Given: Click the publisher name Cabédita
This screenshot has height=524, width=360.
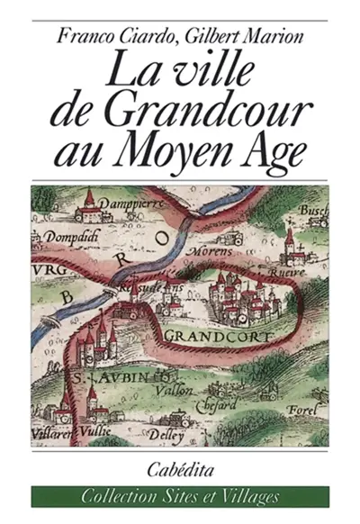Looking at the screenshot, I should pyautogui.click(x=179, y=467).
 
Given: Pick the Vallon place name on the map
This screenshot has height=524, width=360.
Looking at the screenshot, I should pyautogui.click(x=169, y=391).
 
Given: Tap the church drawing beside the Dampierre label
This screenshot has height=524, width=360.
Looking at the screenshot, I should pyautogui.click(x=88, y=204).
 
